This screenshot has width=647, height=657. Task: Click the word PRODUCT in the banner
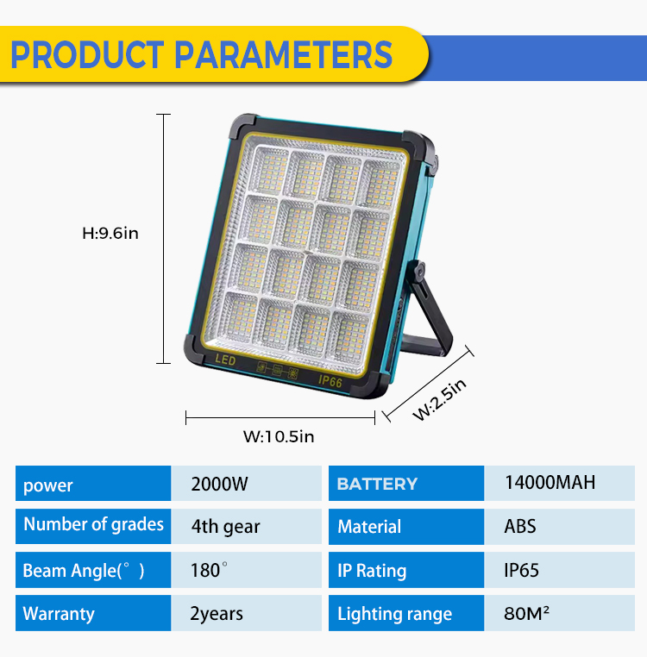(87, 54)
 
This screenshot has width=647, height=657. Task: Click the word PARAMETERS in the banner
(283, 54)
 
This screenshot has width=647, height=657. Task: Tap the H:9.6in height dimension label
(110, 233)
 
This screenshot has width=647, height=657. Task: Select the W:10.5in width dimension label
(279, 436)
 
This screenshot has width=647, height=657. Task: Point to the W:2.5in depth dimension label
(439, 399)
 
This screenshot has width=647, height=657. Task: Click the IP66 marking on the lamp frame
(330, 381)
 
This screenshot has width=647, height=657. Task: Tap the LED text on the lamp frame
(225, 360)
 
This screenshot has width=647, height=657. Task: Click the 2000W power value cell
(246, 483)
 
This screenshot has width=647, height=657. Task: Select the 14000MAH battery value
(550, 482)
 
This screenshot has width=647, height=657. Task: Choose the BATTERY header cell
(406, 483)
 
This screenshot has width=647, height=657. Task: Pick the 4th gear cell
(246, 526)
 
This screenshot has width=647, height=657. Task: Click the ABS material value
(520, 526)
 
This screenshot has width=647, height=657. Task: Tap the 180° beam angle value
(209, 570)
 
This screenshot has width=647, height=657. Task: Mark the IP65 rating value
(521, 570)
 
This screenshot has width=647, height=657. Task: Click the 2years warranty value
(217, 614)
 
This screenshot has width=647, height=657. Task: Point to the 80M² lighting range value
(526, 613)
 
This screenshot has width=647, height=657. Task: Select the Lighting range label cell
(406, 612)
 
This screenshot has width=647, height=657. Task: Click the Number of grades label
(93, 524)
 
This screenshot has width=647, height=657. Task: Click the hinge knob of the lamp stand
(418, 270)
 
